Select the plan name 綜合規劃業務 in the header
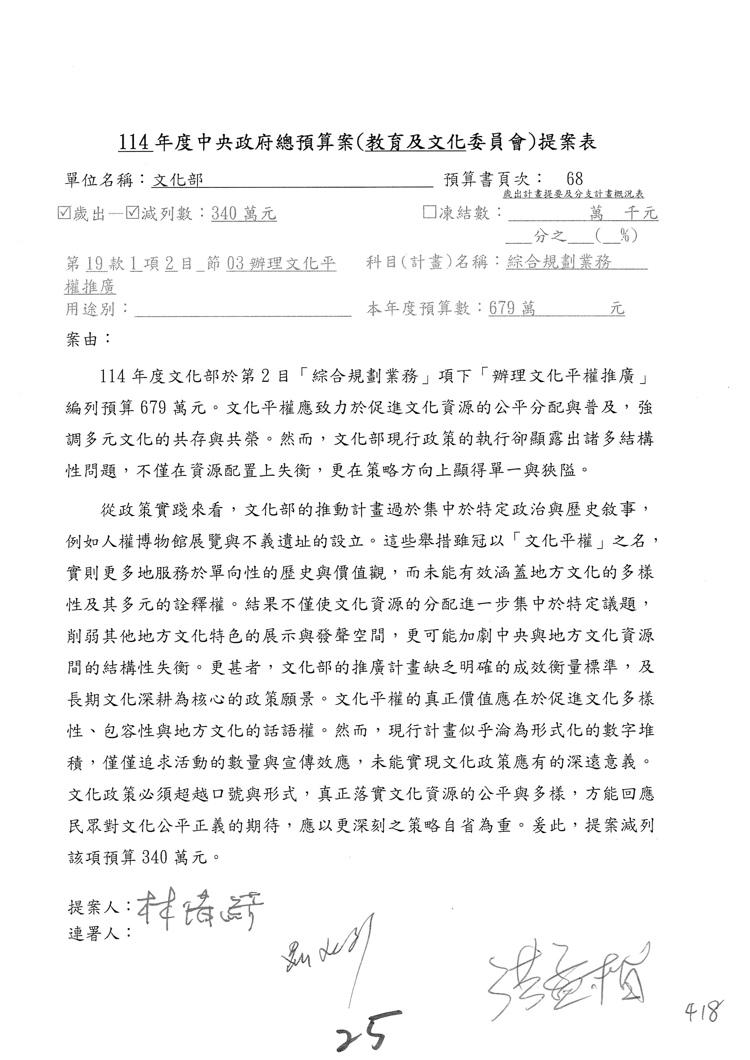559,262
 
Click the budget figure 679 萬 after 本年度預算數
512,308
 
